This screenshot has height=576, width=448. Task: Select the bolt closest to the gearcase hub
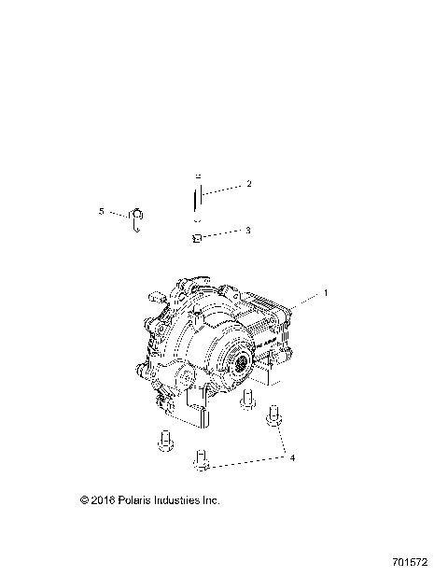pyautogui.click(x=248, y=401)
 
